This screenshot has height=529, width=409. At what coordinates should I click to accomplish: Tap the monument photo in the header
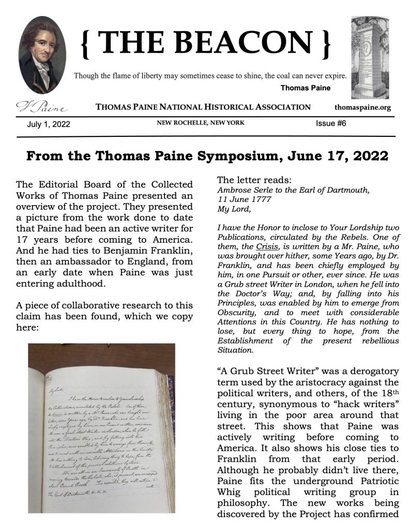[369, 57]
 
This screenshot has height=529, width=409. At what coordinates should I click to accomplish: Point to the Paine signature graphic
[41, 107]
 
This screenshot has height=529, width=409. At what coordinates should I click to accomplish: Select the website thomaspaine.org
[363, 107]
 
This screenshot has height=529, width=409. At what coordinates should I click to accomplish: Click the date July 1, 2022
[49, 124]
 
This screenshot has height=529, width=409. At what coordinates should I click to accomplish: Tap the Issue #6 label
[331, 123]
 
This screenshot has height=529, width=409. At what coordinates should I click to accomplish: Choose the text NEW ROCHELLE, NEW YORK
[201, 123]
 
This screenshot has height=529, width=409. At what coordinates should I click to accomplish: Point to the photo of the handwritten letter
[101, 428]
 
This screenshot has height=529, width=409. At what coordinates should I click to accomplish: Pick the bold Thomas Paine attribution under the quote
[305, 88]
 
